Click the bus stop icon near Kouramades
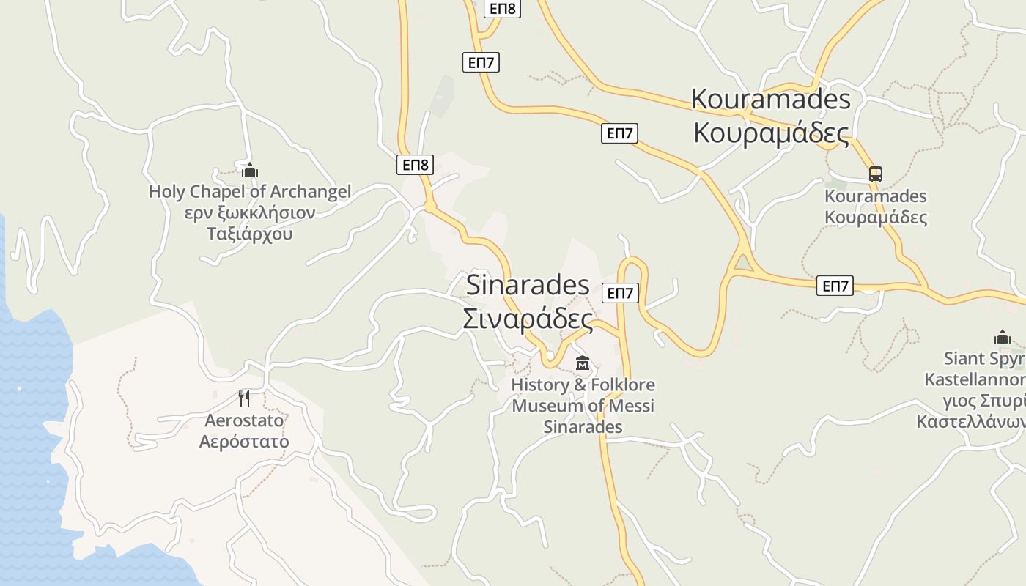pyautogui.click(x=876, y=174)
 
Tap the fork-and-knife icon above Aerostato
pyautogui.click(x=244, y=398)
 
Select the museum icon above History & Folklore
pyautogui.click(x=583, y=363)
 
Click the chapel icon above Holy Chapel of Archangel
pyautogui.click(x=250, y=171)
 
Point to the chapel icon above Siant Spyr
pyautogui.click(x=1002, y=337)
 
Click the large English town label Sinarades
pyautogui.click(x=528, y=285)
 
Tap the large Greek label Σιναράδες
pyautogui.click(x=528, y=319)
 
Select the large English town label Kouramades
pyautogui.click(x=771, y=98)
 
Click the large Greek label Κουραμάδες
pyautogui.click(x=771, y=133)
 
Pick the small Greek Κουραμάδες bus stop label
pyautogui.click(x=876, y=218)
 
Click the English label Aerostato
pyautogui.click(x=244, y=421)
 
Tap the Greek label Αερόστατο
pyautogui.click(x=244, y=442)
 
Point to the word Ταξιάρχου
pyautogui.click(x=250, y=234)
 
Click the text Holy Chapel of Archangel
pyautogui.click(x=250, y=192)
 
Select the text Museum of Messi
pyautogui.click(x=583, y=406)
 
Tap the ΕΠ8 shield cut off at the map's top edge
pyautogui.click(x=503, y=8)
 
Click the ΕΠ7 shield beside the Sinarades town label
pyautogui.click(x=620, y=293)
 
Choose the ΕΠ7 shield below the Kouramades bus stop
pyautogui.click(x=835, y=286)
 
